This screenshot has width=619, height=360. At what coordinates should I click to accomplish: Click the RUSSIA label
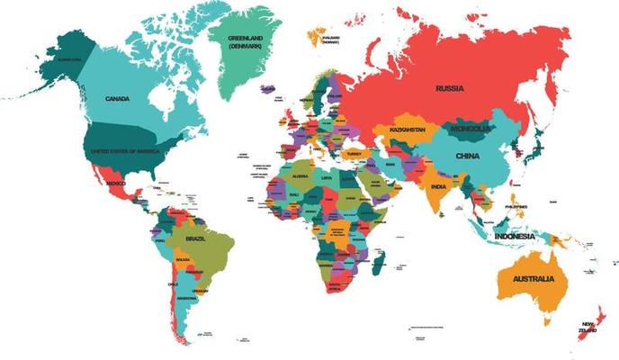click(x=450, y=88)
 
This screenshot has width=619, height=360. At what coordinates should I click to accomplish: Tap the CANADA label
click(x=118, y=98)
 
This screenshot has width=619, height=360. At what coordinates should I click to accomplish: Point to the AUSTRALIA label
click(x=534, y=279)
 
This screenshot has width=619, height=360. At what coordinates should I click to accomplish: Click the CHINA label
click(x=468, y=156)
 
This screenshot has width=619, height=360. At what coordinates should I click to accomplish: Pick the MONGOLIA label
click(x=471, y=129)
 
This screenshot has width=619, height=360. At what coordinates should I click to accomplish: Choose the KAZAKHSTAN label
click(x=408, y=130)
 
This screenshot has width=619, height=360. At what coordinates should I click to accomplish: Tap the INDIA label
click(x=438, y=186)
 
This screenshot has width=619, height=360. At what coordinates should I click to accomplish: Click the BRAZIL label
click(x=196, y=238)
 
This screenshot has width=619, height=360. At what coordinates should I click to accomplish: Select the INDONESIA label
click(x=515, y=236)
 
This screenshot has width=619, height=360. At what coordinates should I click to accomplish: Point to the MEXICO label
click(x=115, y=183)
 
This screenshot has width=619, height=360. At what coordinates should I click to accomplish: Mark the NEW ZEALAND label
click(x=589, y=327)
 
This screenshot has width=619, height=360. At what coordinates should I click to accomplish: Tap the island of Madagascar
click(x=380, y=264)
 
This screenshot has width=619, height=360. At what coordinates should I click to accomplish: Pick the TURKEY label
click(x=353, y=153)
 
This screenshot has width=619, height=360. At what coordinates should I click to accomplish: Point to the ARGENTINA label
click(x=186, y=297)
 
